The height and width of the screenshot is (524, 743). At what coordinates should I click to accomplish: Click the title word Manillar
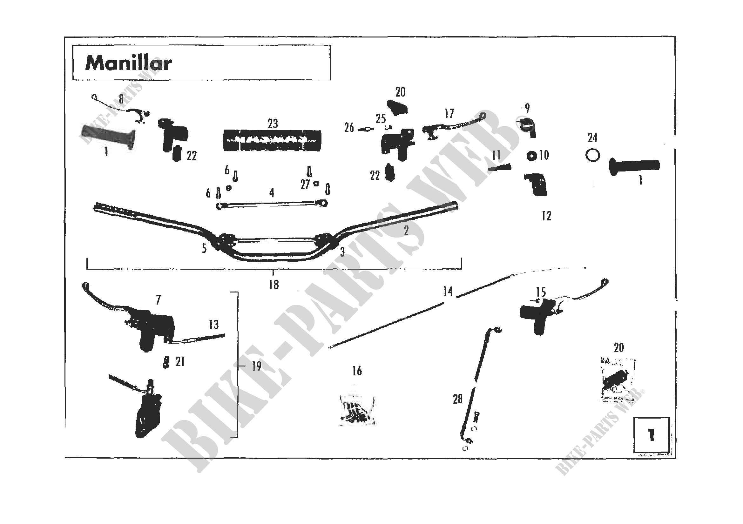(128, 63)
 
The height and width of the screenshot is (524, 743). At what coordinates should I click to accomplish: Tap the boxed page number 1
(652, 435)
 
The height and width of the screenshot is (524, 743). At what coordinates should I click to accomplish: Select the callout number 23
(273, 124)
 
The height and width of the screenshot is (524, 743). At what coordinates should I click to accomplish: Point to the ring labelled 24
(592, 156)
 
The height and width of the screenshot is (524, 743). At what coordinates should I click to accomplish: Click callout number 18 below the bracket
(274, 285)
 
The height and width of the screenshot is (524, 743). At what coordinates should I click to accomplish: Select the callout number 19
(257, 366)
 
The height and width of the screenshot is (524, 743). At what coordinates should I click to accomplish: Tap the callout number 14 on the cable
(448, 292)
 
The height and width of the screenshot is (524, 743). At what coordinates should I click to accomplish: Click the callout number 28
(457, 399)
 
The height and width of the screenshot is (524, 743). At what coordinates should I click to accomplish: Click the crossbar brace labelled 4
(272, 204)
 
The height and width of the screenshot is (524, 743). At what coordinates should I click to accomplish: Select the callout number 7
(158, 300)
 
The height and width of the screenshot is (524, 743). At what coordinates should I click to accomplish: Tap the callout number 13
(213, 325)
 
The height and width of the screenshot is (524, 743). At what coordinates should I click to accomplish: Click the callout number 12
(547, 216)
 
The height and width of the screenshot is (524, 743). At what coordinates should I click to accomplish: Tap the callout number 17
(449, 114)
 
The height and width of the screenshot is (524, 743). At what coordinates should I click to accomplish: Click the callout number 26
(349, 128)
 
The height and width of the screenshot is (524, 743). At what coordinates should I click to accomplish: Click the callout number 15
(541, 292)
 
